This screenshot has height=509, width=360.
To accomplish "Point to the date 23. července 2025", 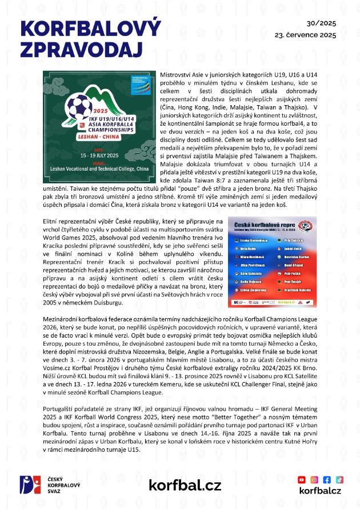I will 306,35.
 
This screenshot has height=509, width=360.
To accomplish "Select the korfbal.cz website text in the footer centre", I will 185,485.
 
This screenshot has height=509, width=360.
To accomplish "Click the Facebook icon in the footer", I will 327,479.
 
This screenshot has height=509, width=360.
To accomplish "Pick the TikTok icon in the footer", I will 339,479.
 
